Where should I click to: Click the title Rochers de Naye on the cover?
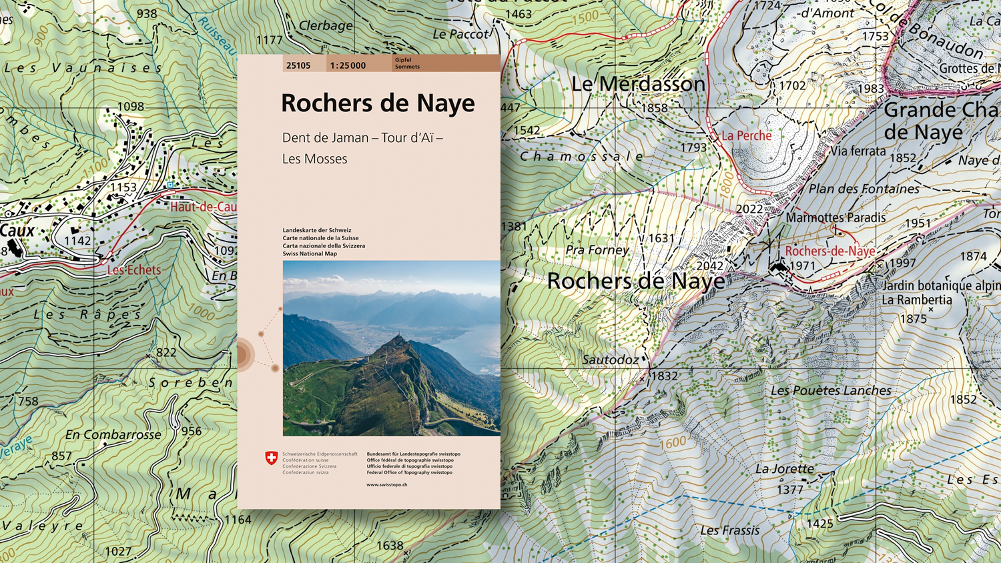click(378, 103)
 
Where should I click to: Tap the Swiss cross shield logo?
click(271, 458)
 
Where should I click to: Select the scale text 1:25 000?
click(348, 65)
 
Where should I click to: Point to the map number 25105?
click(298, 65)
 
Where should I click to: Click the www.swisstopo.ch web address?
click(386, 484)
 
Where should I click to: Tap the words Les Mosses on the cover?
click(314, 159)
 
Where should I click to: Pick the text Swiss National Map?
click(310, 253)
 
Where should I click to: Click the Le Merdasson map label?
click(638, 84)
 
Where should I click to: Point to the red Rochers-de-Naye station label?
click(829, 251)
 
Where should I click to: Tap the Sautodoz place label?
click(610, 360)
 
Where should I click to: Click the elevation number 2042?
click(709, 266)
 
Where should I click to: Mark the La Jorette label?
click(784, 469)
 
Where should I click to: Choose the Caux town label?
click(17, 231)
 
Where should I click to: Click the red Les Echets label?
click(134, 270)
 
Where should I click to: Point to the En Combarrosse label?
click(113, 435)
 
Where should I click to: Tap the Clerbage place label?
click(326, 26)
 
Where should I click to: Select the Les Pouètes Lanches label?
click(831, 390)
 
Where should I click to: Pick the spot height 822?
click(166, 352)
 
